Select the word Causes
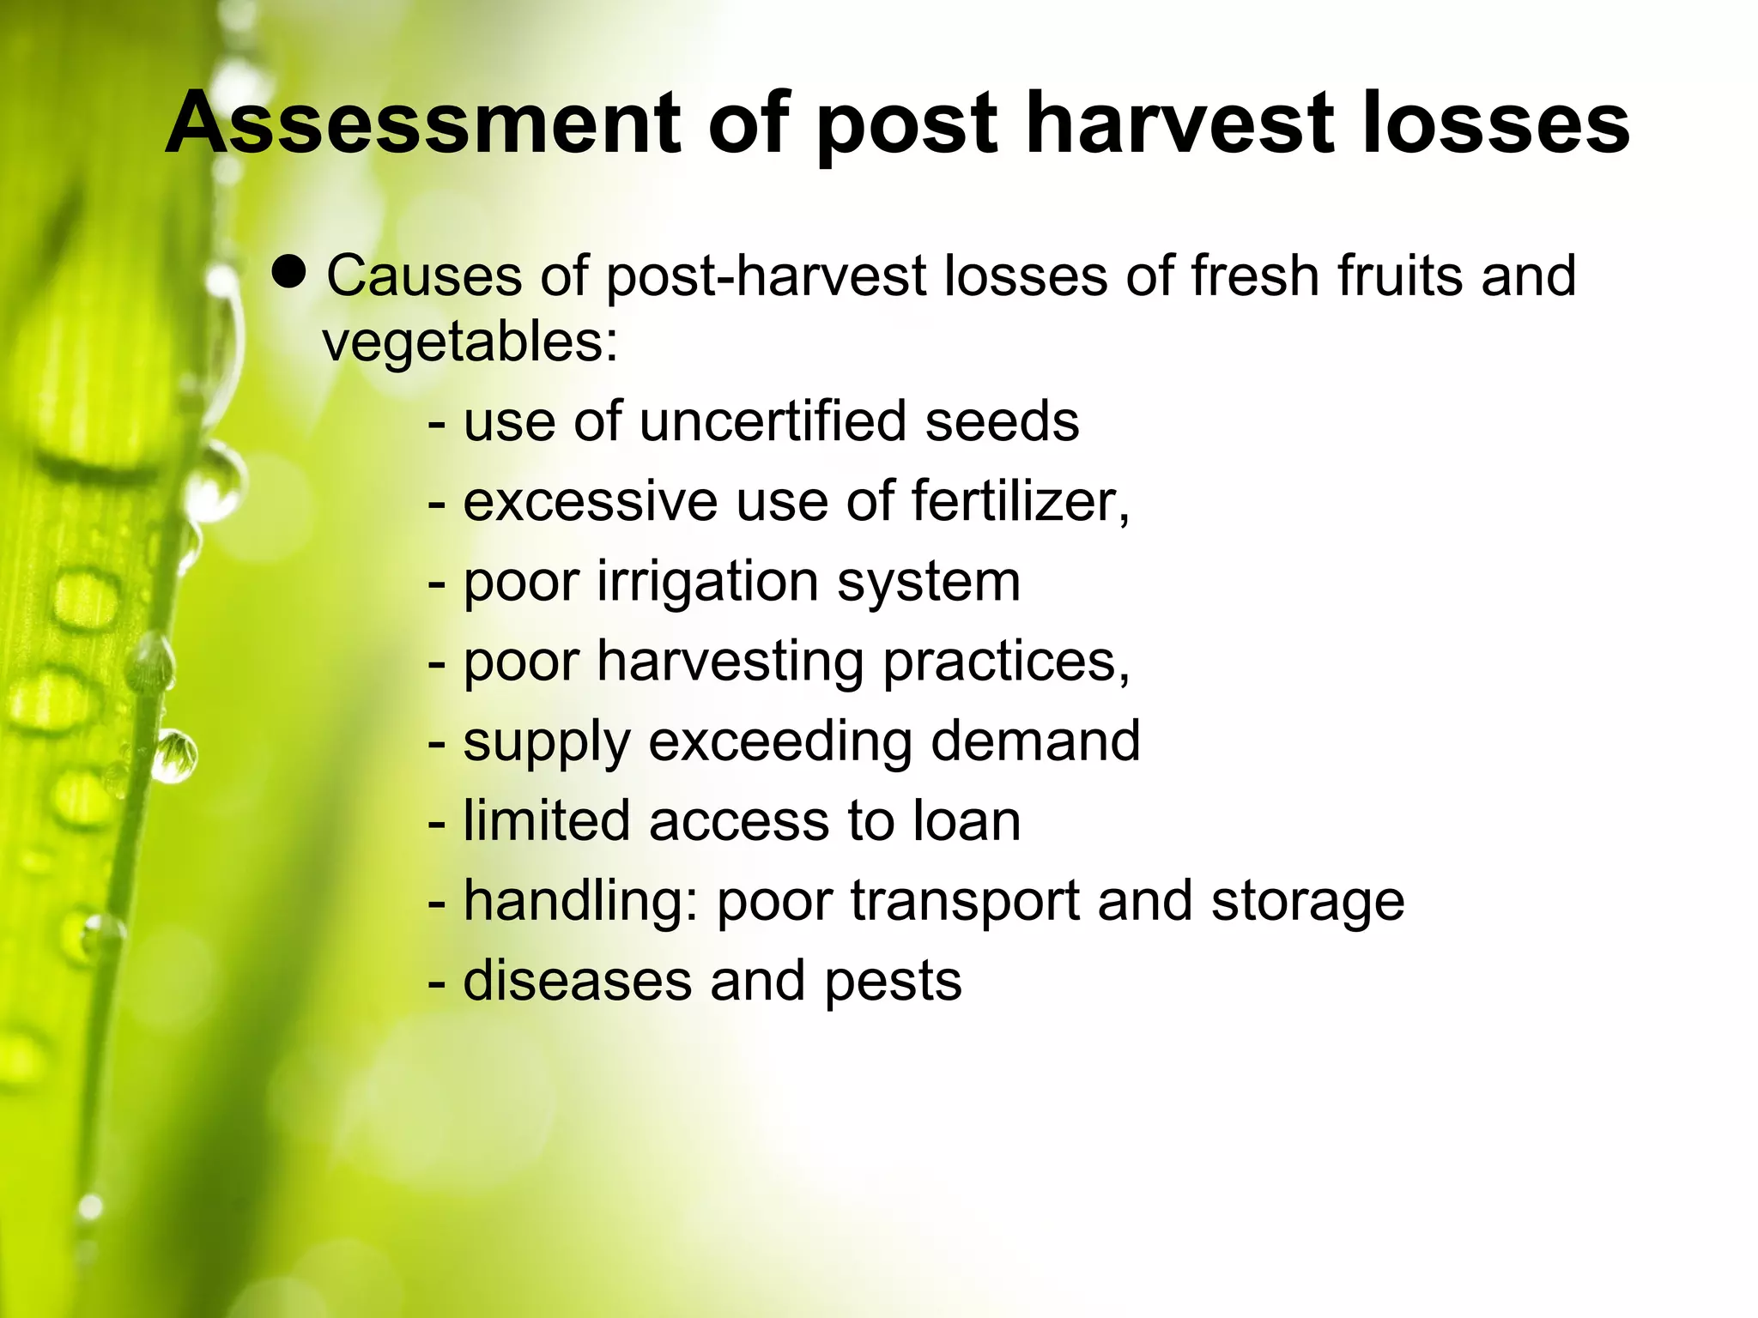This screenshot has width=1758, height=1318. (x=424, y=276)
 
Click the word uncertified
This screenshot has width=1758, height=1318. (x=772, y=422)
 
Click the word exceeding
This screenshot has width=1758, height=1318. (x=779, y=741)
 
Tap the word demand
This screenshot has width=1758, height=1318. (x=1035, y=741)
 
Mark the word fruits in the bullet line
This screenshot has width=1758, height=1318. (x=1400, y=276)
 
